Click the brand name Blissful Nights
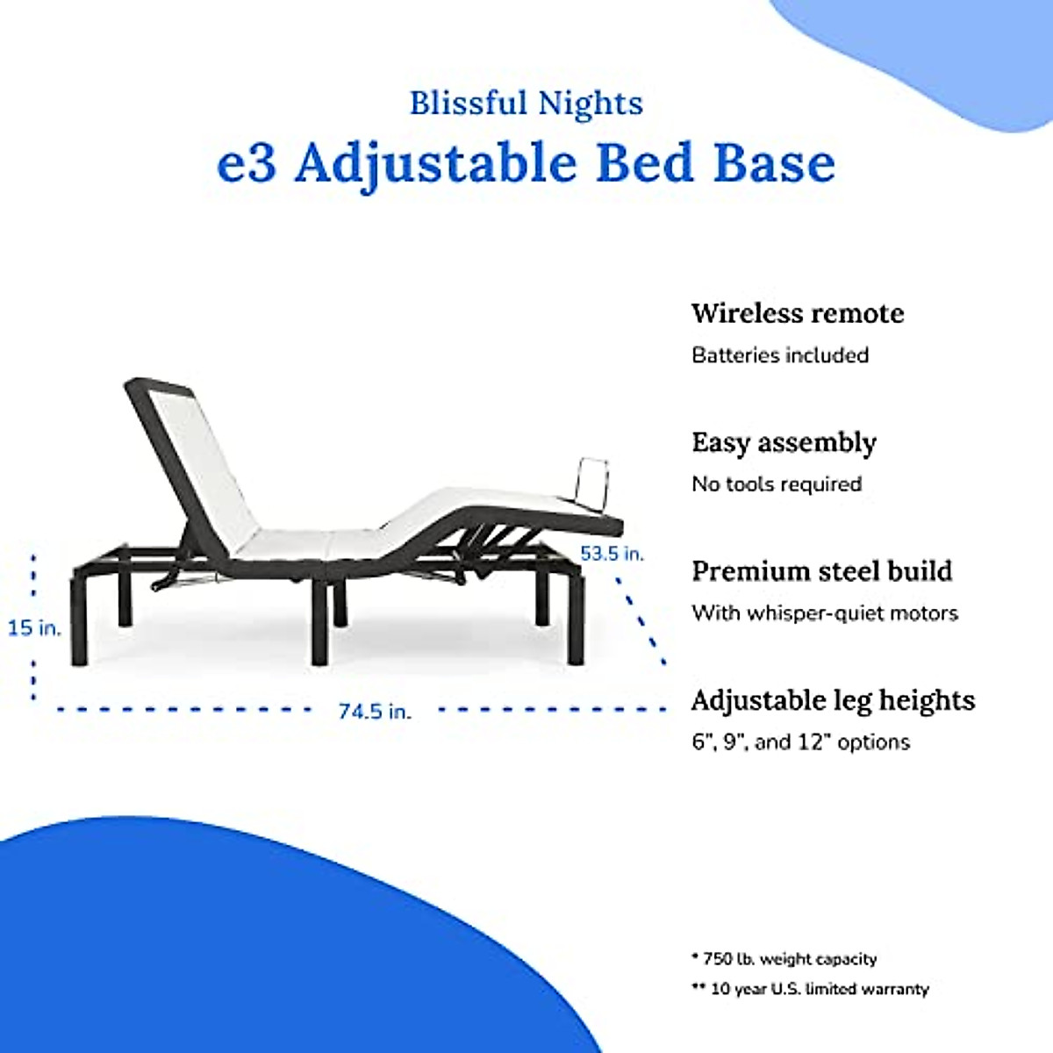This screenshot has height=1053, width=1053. [x=526, y=104]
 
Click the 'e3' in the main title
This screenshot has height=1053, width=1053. [x=246, y=163]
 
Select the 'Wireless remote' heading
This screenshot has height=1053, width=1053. [x=797, y=313]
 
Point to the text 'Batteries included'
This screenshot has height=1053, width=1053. [x=780, y=355]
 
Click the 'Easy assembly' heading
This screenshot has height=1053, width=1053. [x=784, y=442]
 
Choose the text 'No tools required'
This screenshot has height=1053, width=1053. [x=777, y=484]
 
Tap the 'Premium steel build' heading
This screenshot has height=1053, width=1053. [x=821, y=571]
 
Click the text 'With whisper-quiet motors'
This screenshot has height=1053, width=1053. [x=824, y=613]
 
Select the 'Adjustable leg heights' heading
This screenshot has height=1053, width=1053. [x=833, y=700]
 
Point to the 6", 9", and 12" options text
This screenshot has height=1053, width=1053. [x=800, y=742]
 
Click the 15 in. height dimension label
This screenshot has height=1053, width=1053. [x=34, y=628]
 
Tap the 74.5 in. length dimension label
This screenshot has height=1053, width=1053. [x=375, y=712]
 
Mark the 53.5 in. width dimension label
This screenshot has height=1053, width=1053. [x=612, y=554]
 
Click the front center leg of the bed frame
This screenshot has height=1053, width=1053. [x=319, y=623]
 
